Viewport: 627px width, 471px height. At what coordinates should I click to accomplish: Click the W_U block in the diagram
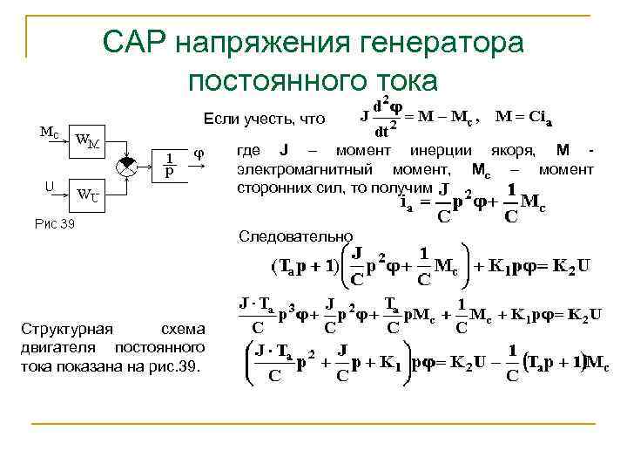click(87, 194)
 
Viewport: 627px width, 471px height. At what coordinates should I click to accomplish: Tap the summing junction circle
click(130, 165)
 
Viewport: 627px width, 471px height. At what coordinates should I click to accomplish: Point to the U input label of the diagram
click(50, 185)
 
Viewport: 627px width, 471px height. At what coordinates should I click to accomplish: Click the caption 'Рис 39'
click(55, 224)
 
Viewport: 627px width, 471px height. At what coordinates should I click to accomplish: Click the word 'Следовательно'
click(296, 236)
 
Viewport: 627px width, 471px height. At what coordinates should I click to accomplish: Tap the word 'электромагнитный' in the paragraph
click(301, 169)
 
